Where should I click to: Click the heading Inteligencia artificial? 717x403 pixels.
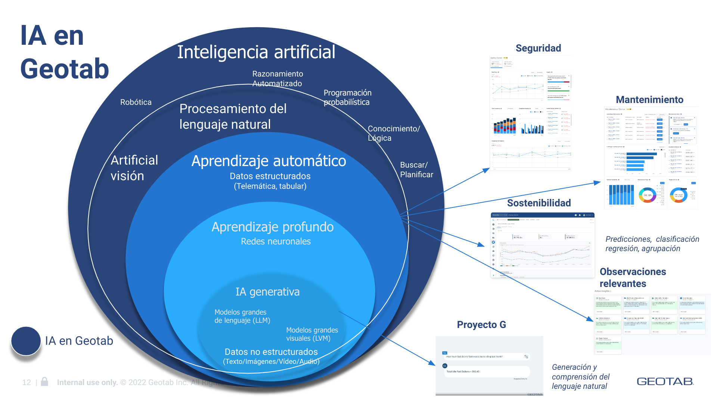pyautogui.click(x=256, y=52)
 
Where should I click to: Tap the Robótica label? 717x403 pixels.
pyautogui.click(x=136, y=102)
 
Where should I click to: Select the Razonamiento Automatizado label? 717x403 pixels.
pyautogui.click(x=277, y=79)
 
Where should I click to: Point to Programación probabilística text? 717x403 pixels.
pyautogui.click(x=347, y=97)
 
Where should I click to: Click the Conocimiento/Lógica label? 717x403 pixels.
pyautogui.click(x=394, y=133)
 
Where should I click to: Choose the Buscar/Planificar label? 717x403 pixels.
pyautogui.click(x=416, y=170)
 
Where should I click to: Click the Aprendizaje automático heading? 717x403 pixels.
pyautogui.click(x=269, y=161)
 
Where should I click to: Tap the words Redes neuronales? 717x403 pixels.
pyautogui.click(x=276, y=241)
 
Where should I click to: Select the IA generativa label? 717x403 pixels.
pyautogui.click(x=267, y=292)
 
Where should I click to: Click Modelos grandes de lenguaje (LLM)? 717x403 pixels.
pyautogui.click(x=242, y=316)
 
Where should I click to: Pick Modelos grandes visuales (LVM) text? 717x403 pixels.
pyautogui.click(x=312, y=334)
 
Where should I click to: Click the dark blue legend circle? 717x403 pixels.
pyautogui.click(x=26, y=341)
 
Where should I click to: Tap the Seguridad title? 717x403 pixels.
pyautogui.click(x=538, y=48)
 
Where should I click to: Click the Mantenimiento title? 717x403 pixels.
pyautogui.click(x=649, y=100)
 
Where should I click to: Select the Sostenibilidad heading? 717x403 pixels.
pyautogui.click(x=539, y=203)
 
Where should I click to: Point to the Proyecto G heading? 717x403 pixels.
pyautogui.click(x=481, y=325)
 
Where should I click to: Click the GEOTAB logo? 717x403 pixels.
pyautogui.click(x=665, y=381)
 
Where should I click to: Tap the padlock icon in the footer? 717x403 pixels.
pyautogui.click(x=44, y=381)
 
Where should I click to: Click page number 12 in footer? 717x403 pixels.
pyautogui.click(x=27, y=382)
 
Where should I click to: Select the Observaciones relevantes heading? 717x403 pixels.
pyautogui.click(x=633, y=278)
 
